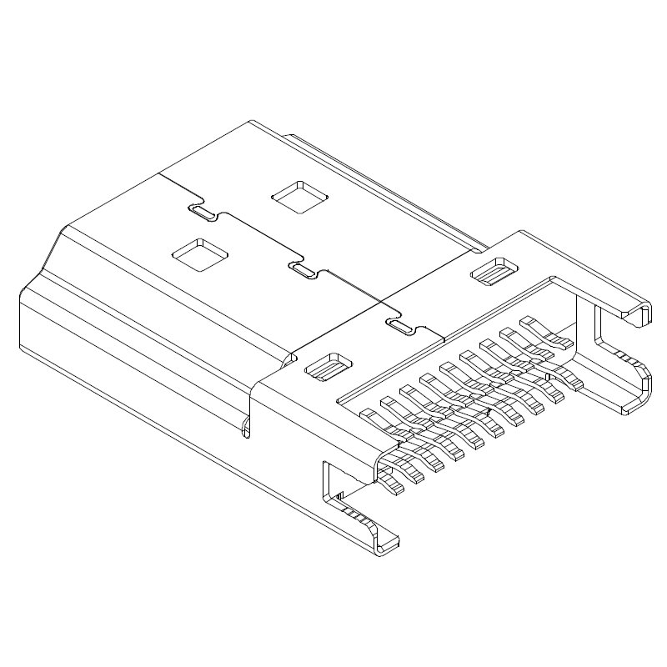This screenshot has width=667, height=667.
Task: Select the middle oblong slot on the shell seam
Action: tap(301, 269)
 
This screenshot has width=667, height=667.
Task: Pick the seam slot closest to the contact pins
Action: tap(401, 326)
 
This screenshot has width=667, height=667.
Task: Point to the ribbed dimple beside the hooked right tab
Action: tap(495, 270)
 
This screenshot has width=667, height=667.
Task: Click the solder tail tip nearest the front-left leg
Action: tap(395, 487)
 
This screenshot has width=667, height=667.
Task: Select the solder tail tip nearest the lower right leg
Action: tap(575, 384)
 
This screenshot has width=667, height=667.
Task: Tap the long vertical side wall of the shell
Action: tap(125, 350)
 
